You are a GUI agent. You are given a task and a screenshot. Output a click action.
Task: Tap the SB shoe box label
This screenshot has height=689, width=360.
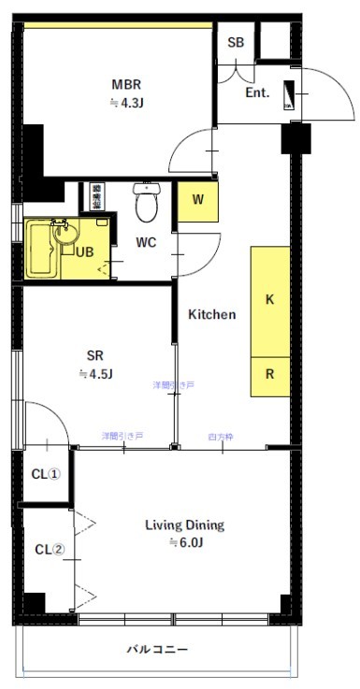tap(235, 43)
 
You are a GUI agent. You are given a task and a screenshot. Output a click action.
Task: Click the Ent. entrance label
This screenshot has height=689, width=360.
tap(257, 93)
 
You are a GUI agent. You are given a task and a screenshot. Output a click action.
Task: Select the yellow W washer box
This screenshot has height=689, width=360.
tap(198, 199)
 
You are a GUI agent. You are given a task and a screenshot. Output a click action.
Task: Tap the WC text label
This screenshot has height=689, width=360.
tap(146, 243)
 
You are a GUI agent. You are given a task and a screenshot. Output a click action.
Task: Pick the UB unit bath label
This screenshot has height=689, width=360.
tap(84, 252)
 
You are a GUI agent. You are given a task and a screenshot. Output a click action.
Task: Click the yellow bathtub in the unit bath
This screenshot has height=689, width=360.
tap(39, 249)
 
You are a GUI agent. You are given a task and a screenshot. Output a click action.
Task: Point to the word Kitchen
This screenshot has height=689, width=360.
tap(212, 314)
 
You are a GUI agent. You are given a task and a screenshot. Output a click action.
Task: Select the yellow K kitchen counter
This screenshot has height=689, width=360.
tap(269, 301)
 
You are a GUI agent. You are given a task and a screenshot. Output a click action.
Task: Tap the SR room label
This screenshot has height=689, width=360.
tap(94, 355)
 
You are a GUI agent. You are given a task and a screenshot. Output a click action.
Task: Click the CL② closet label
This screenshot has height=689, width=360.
tap(49, 549)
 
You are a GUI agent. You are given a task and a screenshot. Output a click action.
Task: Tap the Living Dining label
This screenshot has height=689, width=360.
tap(184, 524)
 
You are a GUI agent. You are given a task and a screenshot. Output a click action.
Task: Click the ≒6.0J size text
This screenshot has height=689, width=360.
tap(184, 542)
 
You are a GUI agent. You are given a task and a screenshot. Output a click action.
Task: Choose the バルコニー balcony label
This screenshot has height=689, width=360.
tap(158, 649)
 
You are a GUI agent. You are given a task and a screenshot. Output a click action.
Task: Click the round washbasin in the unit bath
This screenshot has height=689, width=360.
tap(64, 236)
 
